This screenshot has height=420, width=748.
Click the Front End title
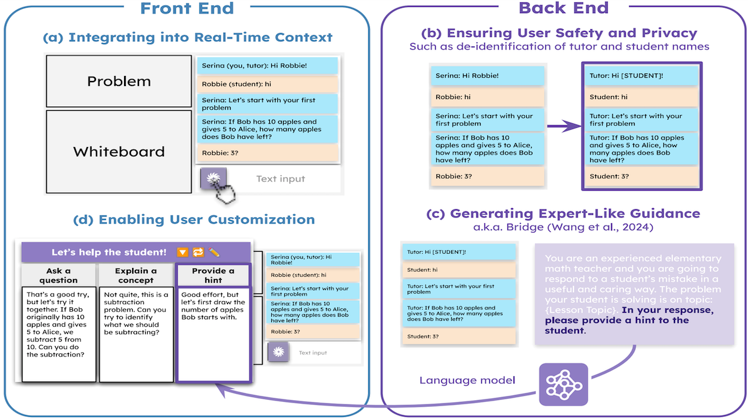(186, 9)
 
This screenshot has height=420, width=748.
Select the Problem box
(118, 81)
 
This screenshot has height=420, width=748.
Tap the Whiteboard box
(118, 151)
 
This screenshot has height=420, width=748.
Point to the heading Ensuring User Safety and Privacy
(559, 33)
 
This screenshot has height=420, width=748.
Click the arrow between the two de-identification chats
(562, 126)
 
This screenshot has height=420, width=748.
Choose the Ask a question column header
(59, 275)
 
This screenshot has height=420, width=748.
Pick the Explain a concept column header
(136, 275)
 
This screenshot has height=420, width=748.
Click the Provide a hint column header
(213, 275)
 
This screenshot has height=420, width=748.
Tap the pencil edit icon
(214, 252)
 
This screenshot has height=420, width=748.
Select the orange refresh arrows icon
(198, 252)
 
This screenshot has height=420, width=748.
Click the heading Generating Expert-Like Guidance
(563, 214)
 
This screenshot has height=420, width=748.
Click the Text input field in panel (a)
(280, 179)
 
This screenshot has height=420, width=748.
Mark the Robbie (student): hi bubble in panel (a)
(267, 84)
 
